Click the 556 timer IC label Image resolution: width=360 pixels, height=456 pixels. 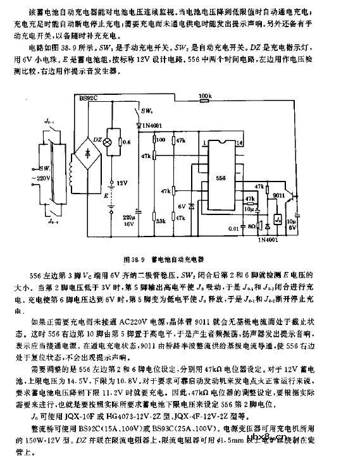click(x=220, y=179)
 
